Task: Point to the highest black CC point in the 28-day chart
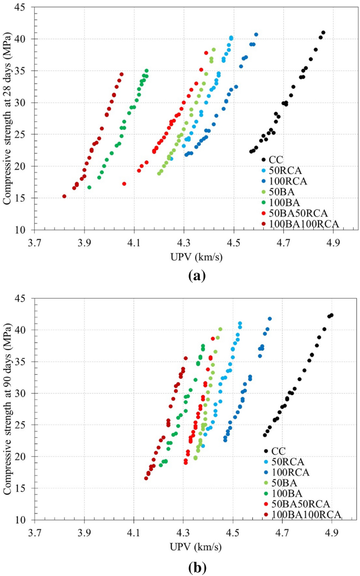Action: point(323,33)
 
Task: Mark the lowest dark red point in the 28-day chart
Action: point(64,197)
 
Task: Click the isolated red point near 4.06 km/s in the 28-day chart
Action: point(124,184)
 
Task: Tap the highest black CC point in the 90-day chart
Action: point(332,315)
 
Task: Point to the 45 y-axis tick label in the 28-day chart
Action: point(23,7)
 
